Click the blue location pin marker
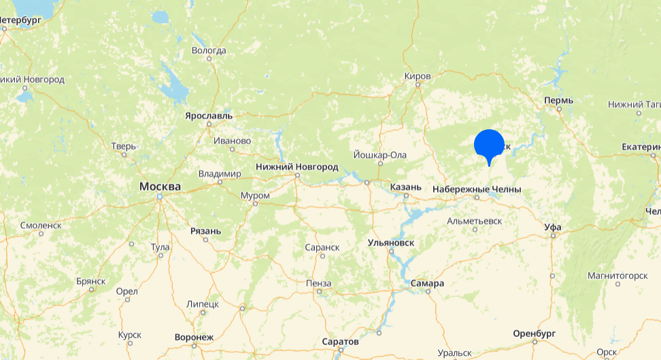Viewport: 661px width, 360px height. pyautogui.click(x=488, y=144)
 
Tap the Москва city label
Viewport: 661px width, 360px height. pyautogui.click(x=160, y=186)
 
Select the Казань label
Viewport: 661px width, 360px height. pyautogui.click(x=407, y=186)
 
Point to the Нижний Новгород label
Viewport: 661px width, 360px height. pyautogui.click(x=296, y=167)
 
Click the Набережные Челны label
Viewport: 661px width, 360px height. pyautogui.click(x=476, y=189)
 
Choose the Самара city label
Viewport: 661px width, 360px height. pyautogui.click(x=427, y=283)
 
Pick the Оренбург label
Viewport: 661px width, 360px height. pyautogui.click(x=535, y=333)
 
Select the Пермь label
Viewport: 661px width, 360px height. pyautogui.click(x=558, y=101)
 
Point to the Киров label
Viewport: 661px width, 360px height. pyautogui.click(x=418, y=76)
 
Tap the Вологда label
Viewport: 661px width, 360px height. pyautogui.click(x=209, y=50)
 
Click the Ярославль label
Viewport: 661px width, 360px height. pyautogui.click(x=209, y=116)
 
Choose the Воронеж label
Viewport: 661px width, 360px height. pyautogui.click(x=194, y=337)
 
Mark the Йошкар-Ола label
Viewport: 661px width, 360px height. pyautogui.click(x=380, y=155)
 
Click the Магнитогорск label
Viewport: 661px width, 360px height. pyautogui.click(x=617, y=275)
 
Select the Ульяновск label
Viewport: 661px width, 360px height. pyautogui.click(x=391, y=242)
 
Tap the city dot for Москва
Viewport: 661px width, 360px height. pyautogui.click(x=160, y=197)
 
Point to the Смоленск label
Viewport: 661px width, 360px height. pyautogui.click(x=41, y=225)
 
